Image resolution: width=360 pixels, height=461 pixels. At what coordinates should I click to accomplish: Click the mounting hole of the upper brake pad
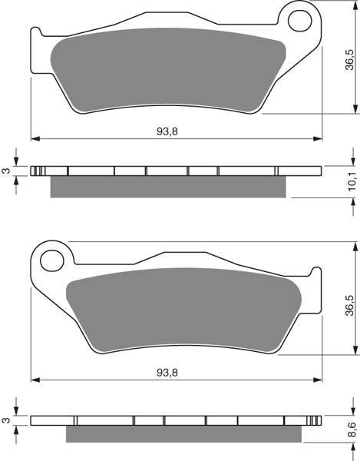coord(300,21)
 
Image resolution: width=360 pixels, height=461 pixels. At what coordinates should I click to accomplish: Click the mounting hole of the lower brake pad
coord(52,260)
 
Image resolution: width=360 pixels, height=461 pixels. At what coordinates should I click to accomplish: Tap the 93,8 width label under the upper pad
coord(167,131)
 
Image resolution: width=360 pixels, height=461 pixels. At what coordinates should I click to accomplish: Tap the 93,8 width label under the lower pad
coord(167,373)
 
